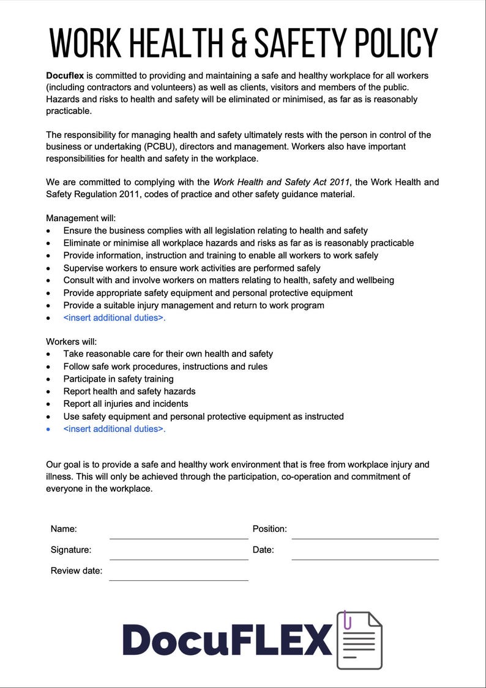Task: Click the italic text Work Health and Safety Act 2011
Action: (x=281, y=182)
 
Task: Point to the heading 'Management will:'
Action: (x=81, y=218)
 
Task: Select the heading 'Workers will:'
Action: (x=72, y=341)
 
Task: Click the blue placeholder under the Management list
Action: (x=114, y=317)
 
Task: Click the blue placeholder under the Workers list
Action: (x=114, y=429)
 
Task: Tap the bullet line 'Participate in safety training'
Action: (x=118, y=379)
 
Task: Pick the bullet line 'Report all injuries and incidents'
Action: (x=125, y=404)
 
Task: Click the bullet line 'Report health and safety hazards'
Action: (x=129, y=391)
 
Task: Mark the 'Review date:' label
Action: (x=77, y=570)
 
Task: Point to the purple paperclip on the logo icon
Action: (x=347, y=619)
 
